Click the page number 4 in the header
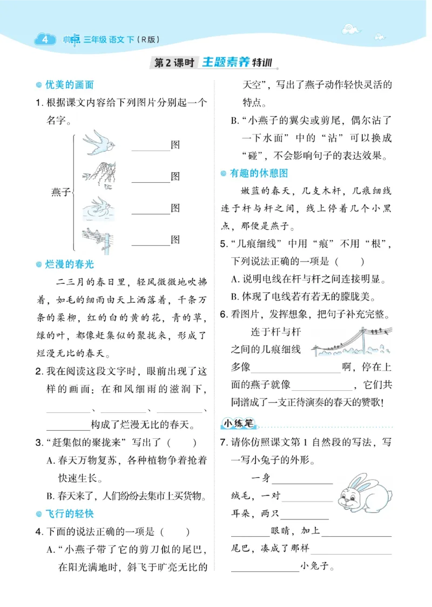45,39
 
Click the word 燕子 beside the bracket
60,191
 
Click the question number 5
223,244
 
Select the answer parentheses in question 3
181,443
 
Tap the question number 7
223,442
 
